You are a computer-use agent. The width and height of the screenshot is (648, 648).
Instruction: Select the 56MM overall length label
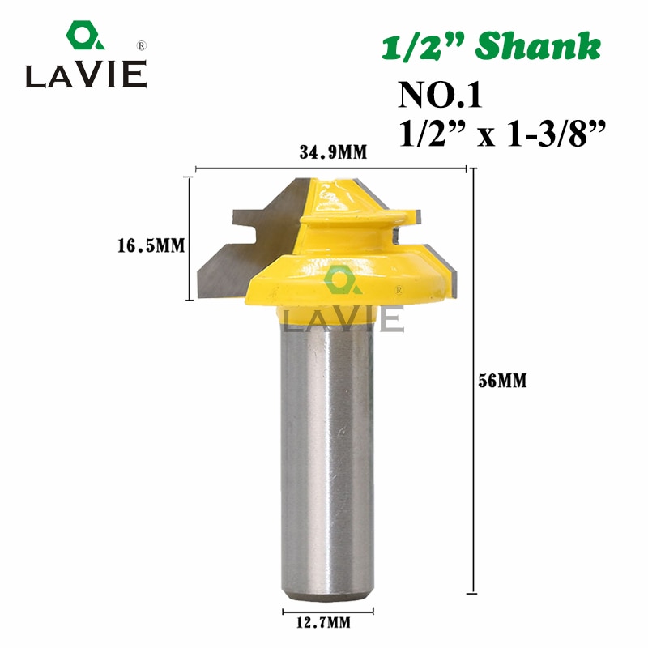(502, 381)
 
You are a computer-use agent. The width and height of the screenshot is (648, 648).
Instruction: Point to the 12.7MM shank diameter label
(329, 622)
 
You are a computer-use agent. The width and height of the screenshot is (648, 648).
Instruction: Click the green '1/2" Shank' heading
(492, 48)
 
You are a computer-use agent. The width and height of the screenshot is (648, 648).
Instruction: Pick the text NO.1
(440, 96)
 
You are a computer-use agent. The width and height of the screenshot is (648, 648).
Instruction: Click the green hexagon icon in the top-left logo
(81, 36)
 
